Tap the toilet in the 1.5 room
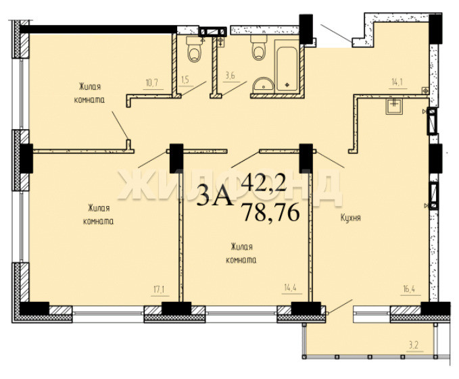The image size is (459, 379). [x=195, y=49]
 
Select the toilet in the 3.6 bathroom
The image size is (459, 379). [x=259, y=47]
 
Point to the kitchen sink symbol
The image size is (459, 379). [x=394, y=106]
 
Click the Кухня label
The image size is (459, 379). [x=350, y=218]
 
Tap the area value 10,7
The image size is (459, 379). [x=151, y=83]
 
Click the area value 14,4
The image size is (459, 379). [x=290, y=288]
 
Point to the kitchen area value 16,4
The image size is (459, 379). [x=408, y=290]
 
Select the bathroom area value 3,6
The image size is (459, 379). [x=230, y=76]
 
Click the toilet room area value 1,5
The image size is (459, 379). [x=185, y=80]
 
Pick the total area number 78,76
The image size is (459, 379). [x=271, y=213]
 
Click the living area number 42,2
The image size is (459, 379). [x=264, y=182]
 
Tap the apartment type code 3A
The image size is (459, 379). [x=215, y=195]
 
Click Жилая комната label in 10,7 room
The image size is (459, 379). [x=90, y=93]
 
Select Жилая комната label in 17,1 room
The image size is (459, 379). [x=99, y=215]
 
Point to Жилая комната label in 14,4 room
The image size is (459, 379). [x=241, y=253]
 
